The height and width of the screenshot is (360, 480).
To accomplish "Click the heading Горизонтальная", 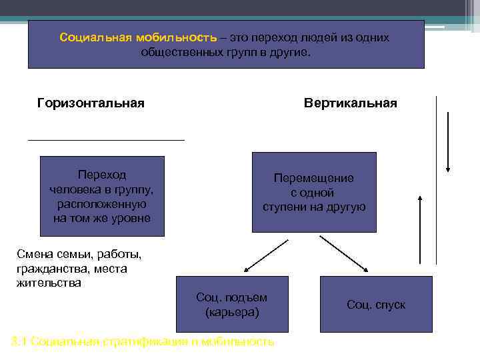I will [x=91, y=103].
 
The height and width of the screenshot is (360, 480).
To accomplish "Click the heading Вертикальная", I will [x=350, y=103].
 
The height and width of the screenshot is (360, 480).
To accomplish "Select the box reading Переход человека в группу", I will [x=102, y=196].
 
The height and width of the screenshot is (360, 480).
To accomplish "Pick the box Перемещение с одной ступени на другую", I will [x=314, y=192].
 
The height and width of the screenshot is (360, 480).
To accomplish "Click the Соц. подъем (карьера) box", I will [x=231, y=304].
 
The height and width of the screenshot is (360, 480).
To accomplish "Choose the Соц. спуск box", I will [x=376, y=305].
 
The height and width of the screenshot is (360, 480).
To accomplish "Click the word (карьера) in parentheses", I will [x=232, y=312].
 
